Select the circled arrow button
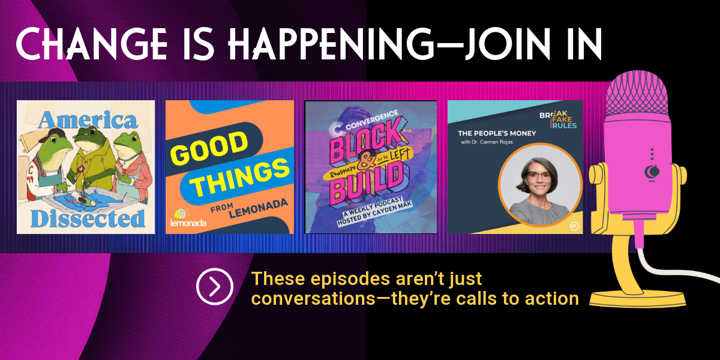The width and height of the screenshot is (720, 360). [x=215, y=286]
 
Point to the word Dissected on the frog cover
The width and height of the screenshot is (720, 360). [x=88, y=218]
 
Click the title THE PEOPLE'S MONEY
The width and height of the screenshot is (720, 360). [x=497, y=133]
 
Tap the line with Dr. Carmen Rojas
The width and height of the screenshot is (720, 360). [x=487, y=142]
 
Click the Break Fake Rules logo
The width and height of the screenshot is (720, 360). [x=558, y=119]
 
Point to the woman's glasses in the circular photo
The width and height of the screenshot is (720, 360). [x=538, y=175]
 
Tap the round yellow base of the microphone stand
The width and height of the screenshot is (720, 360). [x=638, y=299]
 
